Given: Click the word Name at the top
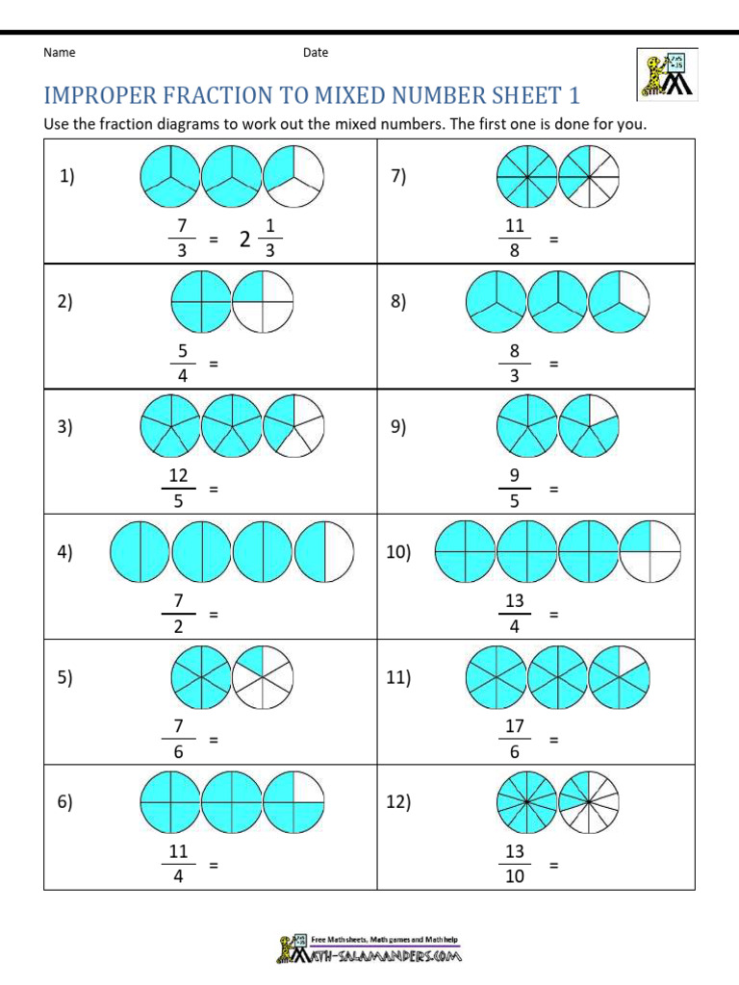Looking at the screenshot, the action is tap(60, 53).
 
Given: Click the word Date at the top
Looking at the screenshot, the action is tap(316, 53).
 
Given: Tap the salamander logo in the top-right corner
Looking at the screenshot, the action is tap(667, 73).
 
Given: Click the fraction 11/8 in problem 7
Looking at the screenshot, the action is tap(514, 239).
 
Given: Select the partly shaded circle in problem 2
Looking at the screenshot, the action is tap(263, 301).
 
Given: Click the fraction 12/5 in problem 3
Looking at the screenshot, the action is tap(178, 489).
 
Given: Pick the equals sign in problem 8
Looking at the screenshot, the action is tap(553, 365).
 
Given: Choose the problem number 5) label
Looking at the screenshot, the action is tap(65, 677).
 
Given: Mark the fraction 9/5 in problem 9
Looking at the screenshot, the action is tap(514, 489).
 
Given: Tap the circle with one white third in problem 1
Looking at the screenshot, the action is tap(293, 176).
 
